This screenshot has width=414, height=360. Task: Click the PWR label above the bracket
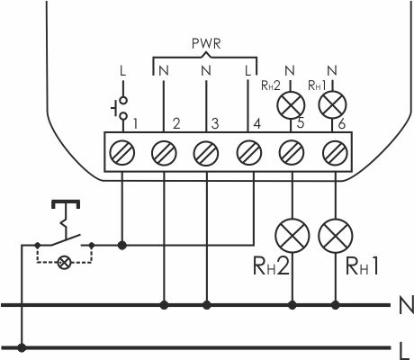pyautogui.click(x=206, y=44)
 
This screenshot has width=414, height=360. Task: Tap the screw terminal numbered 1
pyautogui.click(x=121, y=153)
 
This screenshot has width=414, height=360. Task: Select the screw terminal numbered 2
pyautogui.click(x=164, y=153)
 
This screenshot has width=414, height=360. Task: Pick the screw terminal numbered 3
pyautogui.click(x=206, y=153)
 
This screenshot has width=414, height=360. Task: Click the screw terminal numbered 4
pyautogui.click(x=248, y=153)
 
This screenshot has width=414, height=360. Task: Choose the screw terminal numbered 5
pyautogui.click(x=292, y=153)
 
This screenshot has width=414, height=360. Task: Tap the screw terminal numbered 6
pyautogui.click(x=335, y=153)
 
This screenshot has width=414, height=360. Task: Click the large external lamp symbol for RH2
pyautogui.click(x=292, y=236)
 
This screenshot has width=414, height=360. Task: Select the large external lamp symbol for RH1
pyautogui.click(x=336, y=236)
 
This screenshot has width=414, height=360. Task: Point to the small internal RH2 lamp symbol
pyautogui.click(x=291, y=105)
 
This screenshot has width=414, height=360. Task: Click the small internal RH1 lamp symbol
pyautogui.click(x=332, y=104)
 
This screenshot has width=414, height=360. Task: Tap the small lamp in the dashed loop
pyautogui.click(x=64, y=263)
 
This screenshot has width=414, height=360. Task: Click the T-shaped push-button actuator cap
pyautogui.click(x=66, y=204)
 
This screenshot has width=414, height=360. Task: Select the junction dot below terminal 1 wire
pyautogui.click(x=121, y=246)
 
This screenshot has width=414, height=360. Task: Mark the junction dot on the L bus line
pyautogui.click(x=22, y=348)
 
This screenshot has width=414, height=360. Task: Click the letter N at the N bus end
pyautogui.click(x=406, y=305)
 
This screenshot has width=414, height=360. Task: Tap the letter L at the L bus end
pyautogui.click(x=404, y=350)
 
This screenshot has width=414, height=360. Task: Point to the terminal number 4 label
pyautogui.click(x=257, y=123)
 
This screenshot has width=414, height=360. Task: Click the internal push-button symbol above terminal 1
pyautogui.click(x=120, y=108)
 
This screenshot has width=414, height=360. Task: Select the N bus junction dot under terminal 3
pyautogui.click(x=206, y=305)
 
